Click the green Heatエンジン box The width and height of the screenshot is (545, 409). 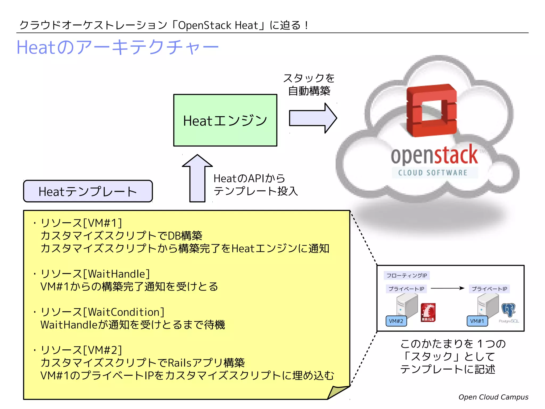click(x=225, y=120)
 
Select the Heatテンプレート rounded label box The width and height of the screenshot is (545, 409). click(x=88, y=191)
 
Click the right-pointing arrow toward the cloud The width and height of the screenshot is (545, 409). click(x=313, y=118)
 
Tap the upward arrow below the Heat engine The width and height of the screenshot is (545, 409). click(x=197, y=178)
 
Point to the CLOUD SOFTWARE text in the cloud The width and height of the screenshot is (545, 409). click(x=433, y=173)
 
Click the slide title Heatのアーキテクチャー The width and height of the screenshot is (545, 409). click(x=117, y=47)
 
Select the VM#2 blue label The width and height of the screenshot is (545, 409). click(x=396, y=321)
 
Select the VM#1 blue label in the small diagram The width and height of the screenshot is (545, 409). click(x=477, y=321)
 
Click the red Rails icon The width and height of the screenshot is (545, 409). click(x=428, y=312)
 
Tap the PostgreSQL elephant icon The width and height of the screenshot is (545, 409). click(x=508, y=310)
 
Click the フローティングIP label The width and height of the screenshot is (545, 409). click(x=406, y=275)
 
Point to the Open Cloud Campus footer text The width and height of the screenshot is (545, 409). click(x=493, y=397)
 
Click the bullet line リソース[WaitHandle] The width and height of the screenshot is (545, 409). click(x=95, y=274)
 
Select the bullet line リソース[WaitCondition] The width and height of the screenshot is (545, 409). click(x=102, y=312)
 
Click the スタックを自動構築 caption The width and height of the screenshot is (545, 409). click(x=309, y=84)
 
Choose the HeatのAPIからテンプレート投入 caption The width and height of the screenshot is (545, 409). click(x=255, y=185)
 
